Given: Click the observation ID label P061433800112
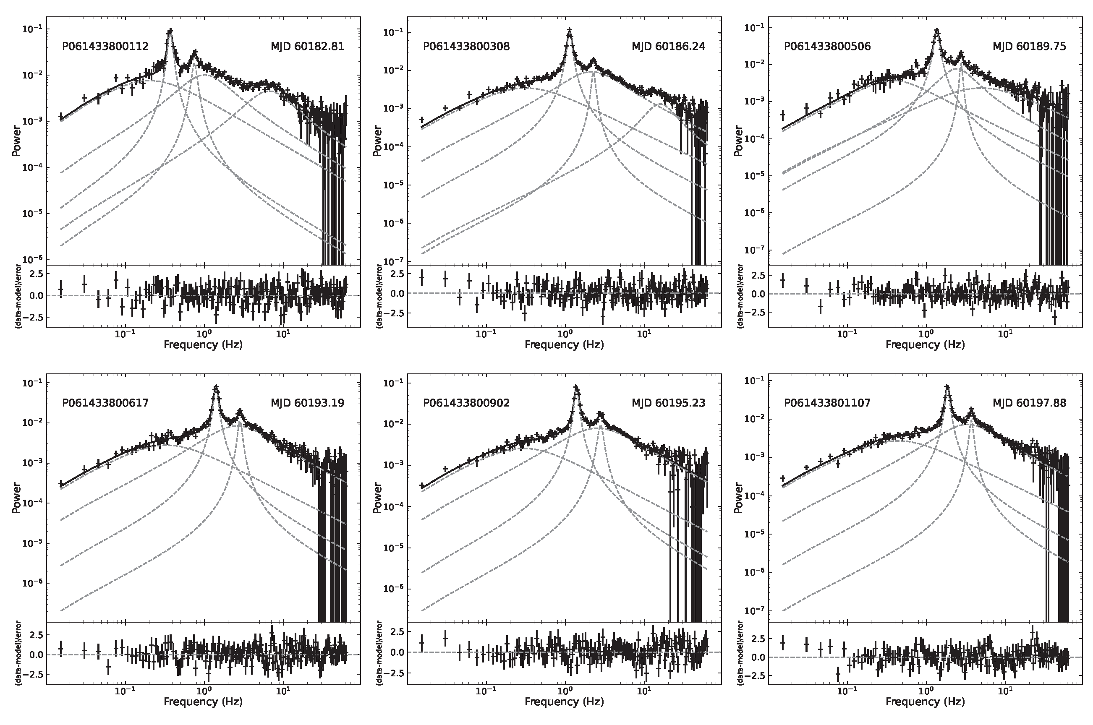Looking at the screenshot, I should (x=105, y=46).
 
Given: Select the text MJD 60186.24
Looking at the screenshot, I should (x=668, y=46).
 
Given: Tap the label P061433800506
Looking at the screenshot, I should (x=827, y=46).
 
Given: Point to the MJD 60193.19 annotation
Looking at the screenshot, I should (x=307, y=403).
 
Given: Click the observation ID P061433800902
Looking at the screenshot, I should (x=466, y=403).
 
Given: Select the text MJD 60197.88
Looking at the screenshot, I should (x=1029, y=403).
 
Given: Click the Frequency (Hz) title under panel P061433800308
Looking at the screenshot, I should (x=564, y=344).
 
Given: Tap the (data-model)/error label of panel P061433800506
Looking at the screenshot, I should (x=740, y=296).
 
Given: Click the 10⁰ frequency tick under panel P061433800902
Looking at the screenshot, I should (x=564, y=690).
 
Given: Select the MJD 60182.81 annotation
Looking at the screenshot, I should (x=307, y=46).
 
